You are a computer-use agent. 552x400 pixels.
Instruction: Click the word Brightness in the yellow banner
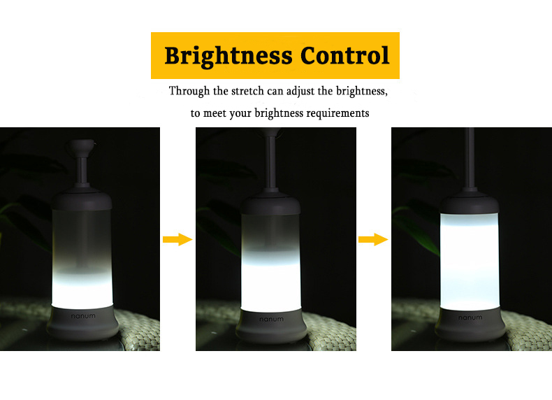228,57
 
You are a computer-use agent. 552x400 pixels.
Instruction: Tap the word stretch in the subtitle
247,91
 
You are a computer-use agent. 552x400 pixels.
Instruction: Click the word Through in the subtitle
189,91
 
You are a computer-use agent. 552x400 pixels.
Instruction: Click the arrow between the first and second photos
177,240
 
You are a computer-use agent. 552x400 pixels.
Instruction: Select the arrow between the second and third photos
373,240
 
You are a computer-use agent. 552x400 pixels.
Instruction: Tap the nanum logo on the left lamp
83,316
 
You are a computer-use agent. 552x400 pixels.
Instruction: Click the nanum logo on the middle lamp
271,320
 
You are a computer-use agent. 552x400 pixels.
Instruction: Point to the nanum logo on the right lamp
470,317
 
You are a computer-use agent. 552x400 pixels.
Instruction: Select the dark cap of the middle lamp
270,204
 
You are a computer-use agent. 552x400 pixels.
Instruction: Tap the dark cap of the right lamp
470,203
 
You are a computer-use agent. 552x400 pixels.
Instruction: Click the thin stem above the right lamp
470,159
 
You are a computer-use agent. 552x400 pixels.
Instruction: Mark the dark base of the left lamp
83,322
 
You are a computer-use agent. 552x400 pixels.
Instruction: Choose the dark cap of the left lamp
82,200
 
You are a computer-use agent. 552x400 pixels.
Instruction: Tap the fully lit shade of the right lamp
470,262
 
